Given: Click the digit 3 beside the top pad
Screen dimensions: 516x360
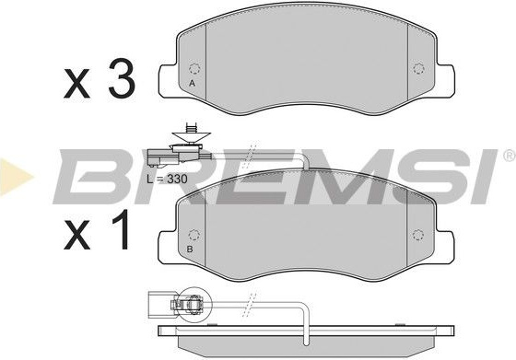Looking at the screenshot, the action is [x=122, y=78].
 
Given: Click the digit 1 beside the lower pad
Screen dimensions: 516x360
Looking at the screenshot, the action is [x=120, y=229].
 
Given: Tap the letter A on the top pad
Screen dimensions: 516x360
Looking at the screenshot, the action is [x=193, y=84].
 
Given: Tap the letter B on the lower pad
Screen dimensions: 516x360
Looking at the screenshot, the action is [x=190, y=250].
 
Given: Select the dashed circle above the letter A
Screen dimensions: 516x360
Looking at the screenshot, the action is [x=194, y=69].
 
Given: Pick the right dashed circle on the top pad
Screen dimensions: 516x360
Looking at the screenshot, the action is [x=418, y=69].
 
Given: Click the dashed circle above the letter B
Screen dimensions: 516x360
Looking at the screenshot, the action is [x=193, y=235].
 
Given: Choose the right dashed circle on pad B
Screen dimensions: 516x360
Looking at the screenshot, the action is [x=418, y=235].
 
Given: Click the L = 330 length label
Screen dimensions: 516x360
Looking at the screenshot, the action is [x=167, y=179].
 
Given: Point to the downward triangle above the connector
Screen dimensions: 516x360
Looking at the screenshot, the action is [x=191, y=137].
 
